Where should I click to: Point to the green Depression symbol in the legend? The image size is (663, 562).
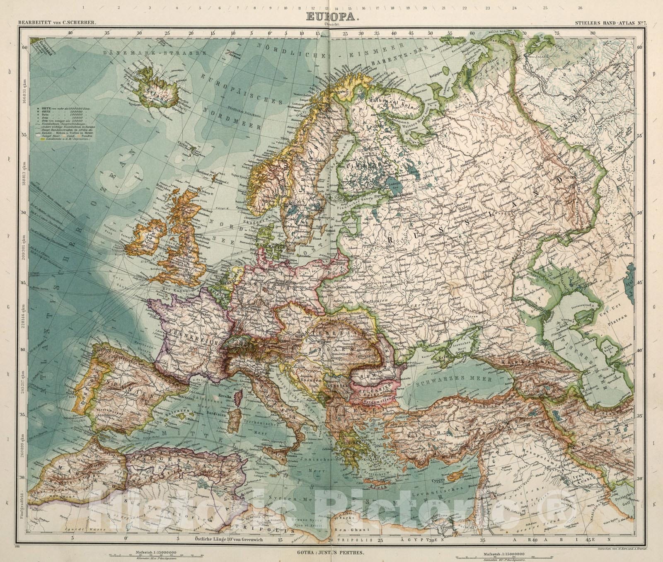43,150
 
